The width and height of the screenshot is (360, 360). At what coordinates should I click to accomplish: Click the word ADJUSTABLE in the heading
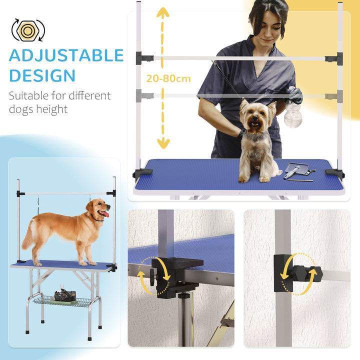point(66,55)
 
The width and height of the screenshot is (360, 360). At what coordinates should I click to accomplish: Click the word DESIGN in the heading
point(42,75)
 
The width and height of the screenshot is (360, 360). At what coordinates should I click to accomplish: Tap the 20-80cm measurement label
point(168,78)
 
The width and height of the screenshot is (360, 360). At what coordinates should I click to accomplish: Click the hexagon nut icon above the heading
point(28,30)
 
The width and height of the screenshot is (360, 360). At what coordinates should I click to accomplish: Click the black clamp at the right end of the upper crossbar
point(332,58)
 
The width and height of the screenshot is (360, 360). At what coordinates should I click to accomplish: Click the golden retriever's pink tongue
point(104,215)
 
